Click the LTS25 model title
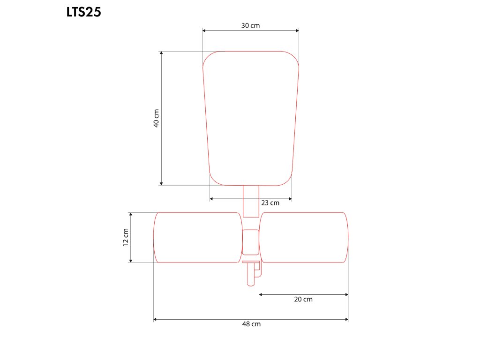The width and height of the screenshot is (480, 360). (x=83, y=12)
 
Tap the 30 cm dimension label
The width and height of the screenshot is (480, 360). (x=250, y=25)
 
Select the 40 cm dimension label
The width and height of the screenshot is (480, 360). (x=156, y=118)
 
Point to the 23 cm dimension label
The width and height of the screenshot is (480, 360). (x=270, y=202)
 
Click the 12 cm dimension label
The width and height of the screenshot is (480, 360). (x=126, y=237)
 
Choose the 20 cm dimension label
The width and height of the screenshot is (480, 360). (x=303, y=300)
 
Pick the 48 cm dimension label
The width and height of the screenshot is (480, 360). (x=251, y=324)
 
